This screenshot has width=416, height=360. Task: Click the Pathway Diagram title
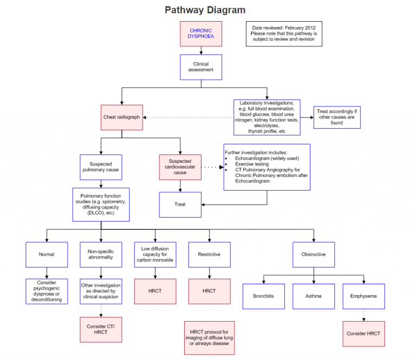(x=205, y=10)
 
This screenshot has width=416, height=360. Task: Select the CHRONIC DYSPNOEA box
(x=201, y=34)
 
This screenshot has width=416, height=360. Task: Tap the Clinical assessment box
(x=201, y=67)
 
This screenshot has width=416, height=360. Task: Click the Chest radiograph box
(x=122, y=117)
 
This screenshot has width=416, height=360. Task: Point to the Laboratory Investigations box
(x=266, y=117)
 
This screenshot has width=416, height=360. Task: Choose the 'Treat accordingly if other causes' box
(x=336, y=117)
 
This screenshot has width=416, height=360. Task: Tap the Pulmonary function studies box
(x=101, y=205)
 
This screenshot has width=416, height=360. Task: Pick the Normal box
(x=47, y=254)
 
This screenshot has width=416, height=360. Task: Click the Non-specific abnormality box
(x=101, y=254)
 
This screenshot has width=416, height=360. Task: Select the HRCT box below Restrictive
(x=209, y=291)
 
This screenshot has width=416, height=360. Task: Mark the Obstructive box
(x=314, y=254)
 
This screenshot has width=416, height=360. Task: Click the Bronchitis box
(x=264, y=296)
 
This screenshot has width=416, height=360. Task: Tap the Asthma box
(x=314, y=296)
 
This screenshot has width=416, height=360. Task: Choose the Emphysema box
(x=364, y=296)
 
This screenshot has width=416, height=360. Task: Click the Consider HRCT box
(x=364, y=333)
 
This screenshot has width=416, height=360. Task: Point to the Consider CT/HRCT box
(x=101, y=330)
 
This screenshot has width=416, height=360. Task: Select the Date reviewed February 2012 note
(x=284, y=34)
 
